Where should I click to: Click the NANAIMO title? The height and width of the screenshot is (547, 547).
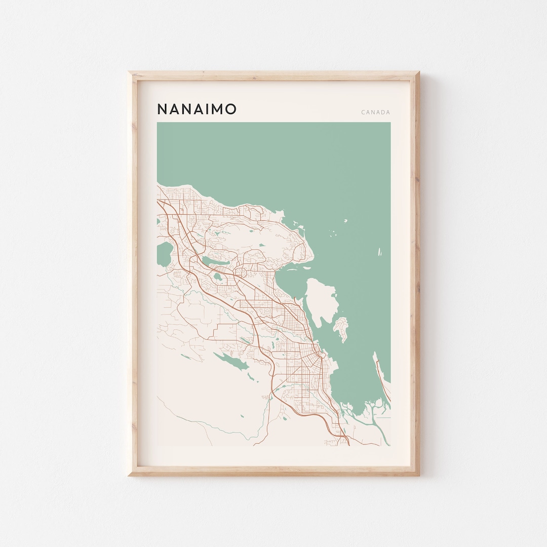click(197, 109)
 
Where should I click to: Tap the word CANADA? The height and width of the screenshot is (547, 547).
click(376, 112)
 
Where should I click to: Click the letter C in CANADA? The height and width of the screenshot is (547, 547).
click(363, 112)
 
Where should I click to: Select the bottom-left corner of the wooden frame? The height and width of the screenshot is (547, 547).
click(130, 475)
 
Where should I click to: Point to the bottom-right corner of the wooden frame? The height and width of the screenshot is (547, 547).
click(418, 475)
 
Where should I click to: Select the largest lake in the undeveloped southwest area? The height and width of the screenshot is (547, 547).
click(230, 361)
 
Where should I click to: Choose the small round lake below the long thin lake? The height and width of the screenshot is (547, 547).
click(217, 278)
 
